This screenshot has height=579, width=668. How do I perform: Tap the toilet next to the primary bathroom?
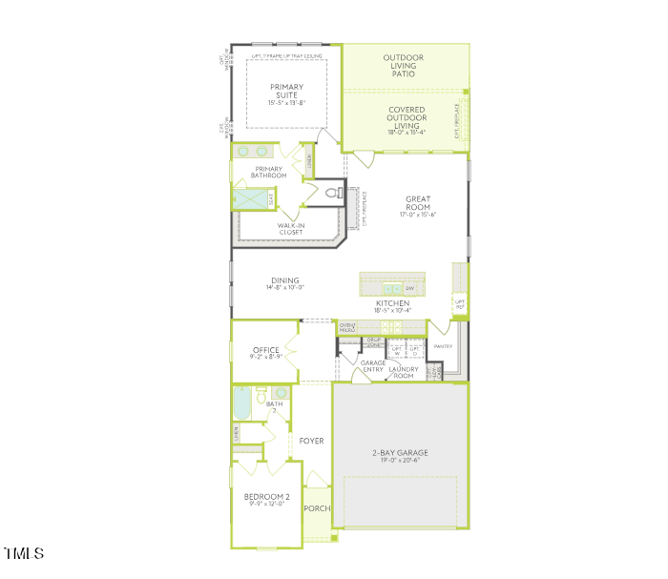coord(332,193)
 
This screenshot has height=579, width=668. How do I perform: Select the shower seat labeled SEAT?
coord(271,199)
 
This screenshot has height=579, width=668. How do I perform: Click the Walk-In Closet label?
coord(290,229)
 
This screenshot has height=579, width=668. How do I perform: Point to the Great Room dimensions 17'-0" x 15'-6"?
coord(418,215)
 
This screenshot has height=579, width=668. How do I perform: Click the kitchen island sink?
coord(391,287)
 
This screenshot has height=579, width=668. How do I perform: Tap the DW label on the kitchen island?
coord(410,287)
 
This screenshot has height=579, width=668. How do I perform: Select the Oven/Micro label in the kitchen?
coord(347,328)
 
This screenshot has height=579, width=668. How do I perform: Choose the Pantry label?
coord(442,346)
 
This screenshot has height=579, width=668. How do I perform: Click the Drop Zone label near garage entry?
coord(374,342)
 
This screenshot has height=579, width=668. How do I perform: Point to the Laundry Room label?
coord(404,372)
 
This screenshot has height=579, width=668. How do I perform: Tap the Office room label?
coord(266,350)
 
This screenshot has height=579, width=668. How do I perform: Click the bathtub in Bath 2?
coord(240,403)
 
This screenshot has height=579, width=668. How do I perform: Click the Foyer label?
coord(311,441)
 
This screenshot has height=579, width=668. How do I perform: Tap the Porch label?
coord(317,508)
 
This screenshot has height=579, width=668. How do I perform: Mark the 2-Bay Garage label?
coord(400,454)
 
